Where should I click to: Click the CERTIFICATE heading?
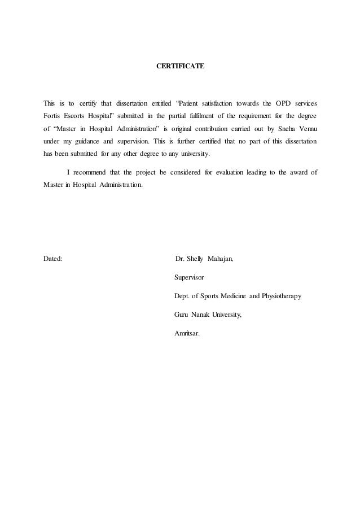click(x=180, y=67)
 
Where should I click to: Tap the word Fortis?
click(x=52, y=116)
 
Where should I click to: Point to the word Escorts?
click(x=79, y=116)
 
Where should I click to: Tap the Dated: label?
click(x=53, y=259)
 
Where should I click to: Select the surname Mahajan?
click(x=222, y=259)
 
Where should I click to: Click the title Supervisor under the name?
click(x=190, y=277)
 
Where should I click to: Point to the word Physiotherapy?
click(x=280, y=295)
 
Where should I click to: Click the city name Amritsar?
click(x=188, y=332)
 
